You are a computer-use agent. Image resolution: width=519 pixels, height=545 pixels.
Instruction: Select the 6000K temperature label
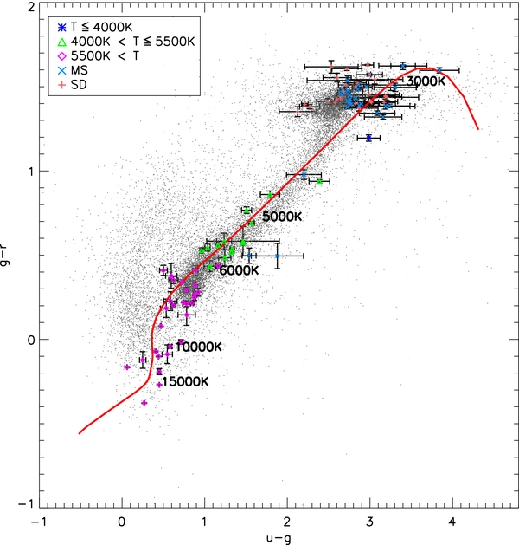coord(238,270)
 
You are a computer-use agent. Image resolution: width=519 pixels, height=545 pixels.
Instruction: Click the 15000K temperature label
coord(186,381)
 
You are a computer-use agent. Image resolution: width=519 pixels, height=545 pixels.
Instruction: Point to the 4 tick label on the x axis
coord(452,522)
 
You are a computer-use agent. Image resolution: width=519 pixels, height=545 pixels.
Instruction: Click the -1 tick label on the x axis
coord(38,522)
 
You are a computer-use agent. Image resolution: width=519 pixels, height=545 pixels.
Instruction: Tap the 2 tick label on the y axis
coord(29,7)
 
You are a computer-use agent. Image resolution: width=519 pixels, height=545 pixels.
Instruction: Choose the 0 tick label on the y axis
coord(29,339)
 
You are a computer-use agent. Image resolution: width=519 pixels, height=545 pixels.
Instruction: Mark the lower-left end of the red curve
coord(80,432)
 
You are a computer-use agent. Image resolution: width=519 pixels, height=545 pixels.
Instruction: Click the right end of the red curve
coord(477,130)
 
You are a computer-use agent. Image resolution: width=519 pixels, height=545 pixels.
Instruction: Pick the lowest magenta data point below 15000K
coord(144,403)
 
